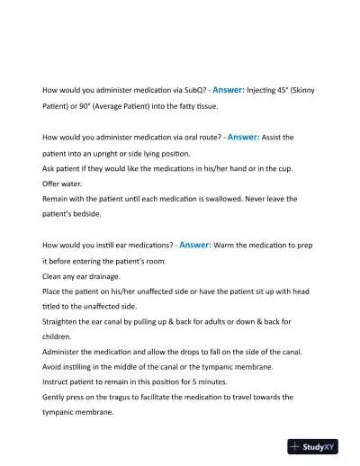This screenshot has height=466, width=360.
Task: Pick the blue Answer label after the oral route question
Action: point(248,137)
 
